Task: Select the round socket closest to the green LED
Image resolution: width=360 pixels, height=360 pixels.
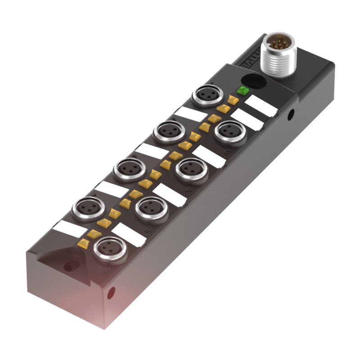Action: pyautogui.click(x=207, y=95)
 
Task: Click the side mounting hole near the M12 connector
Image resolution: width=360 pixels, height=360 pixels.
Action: pyautogui.click(x=291, y=114)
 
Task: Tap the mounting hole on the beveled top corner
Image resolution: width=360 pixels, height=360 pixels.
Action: pyautogui.click(x=70, y=266)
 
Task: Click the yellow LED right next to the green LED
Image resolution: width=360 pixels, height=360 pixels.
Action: pyautogui.click(x=233, y=100)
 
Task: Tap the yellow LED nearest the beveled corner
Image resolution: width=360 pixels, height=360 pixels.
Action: pyautogui.click(x=83, y=243)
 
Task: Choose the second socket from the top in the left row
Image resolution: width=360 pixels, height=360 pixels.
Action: pyautogui.click(x=169, y=132)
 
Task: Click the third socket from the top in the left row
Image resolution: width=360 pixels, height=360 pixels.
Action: pyautogui.click(x=129, y=170)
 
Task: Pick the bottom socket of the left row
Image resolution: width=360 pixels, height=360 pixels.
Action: pyautogui.click(x=89, y=208)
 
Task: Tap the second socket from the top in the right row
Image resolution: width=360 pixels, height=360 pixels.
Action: pyautogui.click(x=191, y=171)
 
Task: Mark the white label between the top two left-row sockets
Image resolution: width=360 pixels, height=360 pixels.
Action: pyautogui.click(x=189, y=114)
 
